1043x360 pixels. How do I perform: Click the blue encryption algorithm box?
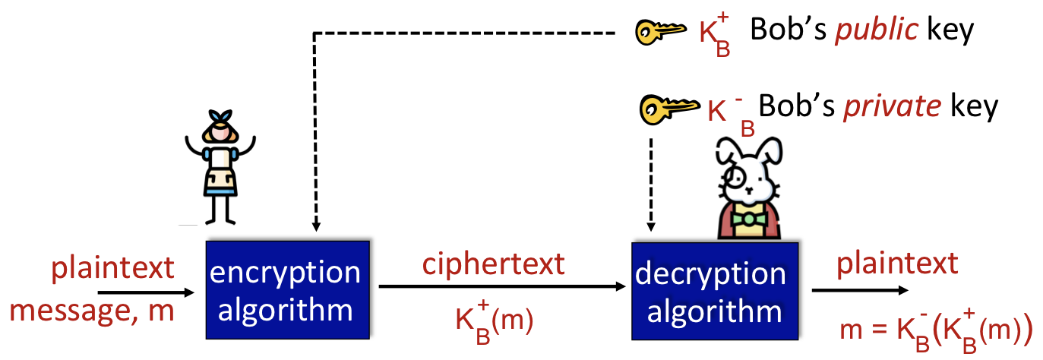[x=286, y=289]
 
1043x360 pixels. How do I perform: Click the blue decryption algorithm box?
[x=716, y=291]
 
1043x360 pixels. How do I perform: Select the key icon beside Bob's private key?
[x=666, y=109]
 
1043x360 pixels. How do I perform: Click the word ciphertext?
[x=494, y=264]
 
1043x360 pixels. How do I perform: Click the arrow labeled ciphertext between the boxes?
[x=501, y=287]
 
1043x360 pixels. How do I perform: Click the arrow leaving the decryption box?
[x=858, y=290]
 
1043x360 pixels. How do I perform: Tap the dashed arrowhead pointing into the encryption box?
[x=315, y=226]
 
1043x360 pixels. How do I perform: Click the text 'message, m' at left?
[x=92, y=311]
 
